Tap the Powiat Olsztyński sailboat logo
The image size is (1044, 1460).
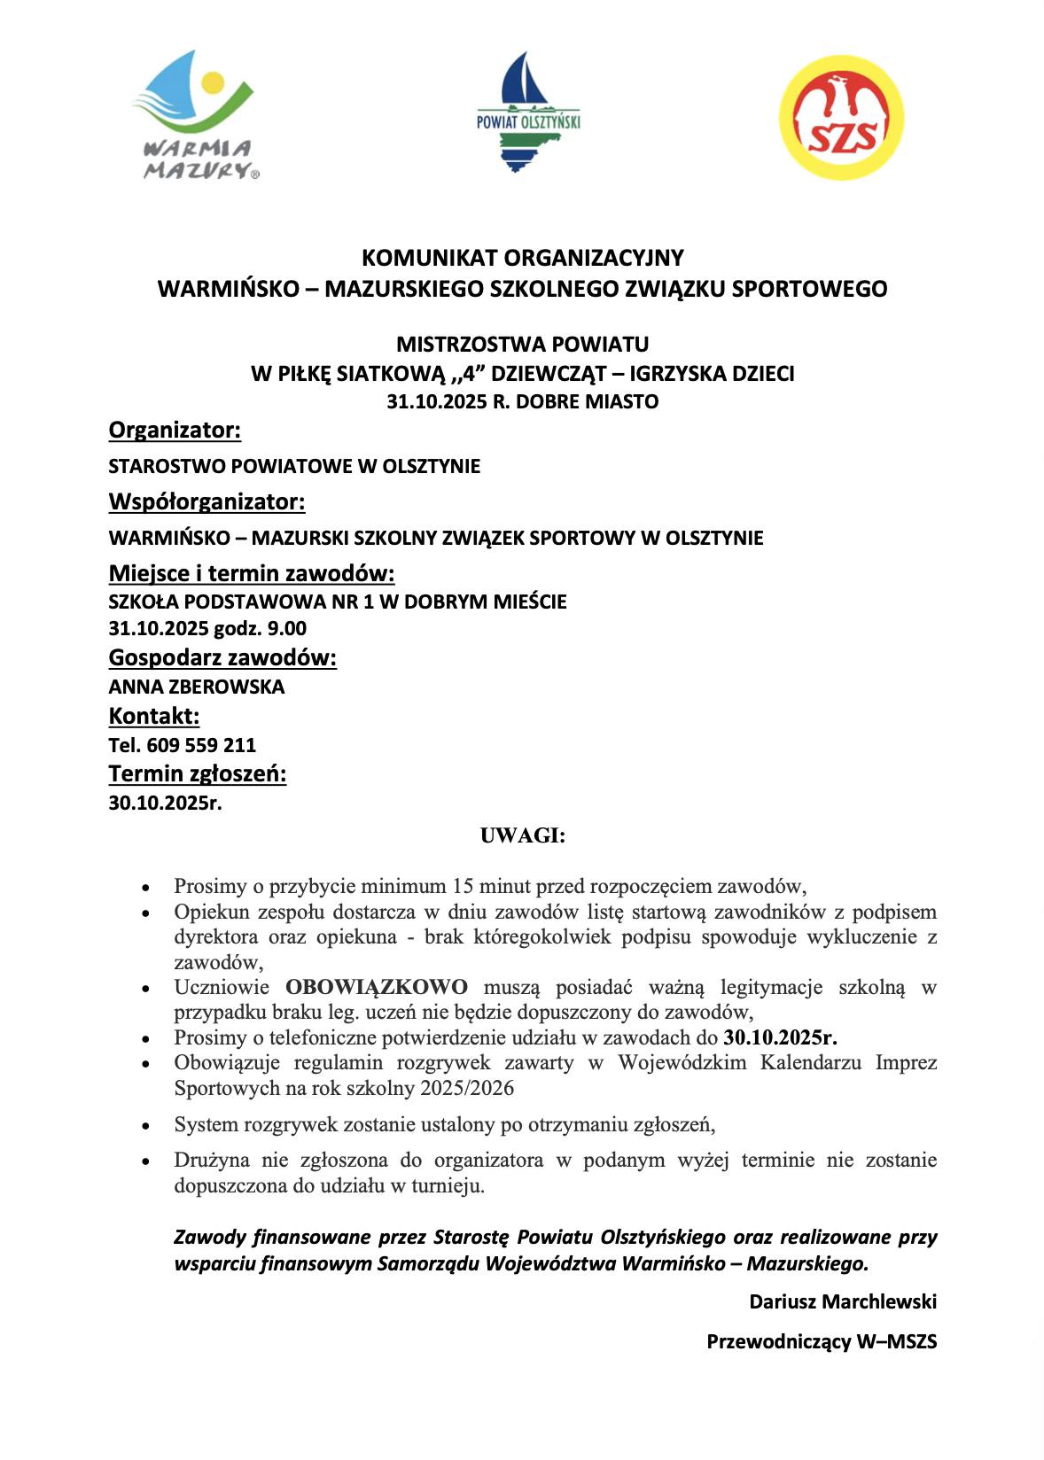tap(527, 112)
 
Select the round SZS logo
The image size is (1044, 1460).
tap(841, 117)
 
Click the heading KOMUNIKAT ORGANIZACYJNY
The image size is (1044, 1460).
tap(522, 258)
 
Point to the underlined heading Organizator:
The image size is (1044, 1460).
tap(175, 431)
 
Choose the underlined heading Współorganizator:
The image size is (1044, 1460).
tap(206, 501)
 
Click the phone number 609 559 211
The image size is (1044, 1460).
tap(201, 745)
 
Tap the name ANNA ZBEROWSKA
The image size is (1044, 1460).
tap(197, 687)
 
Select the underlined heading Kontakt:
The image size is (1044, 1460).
tap(153, 716)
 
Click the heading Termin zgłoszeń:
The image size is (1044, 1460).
tap(198, 774)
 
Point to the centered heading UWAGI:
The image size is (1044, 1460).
tap(522, 835)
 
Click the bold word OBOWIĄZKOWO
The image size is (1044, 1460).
tap(377, 987)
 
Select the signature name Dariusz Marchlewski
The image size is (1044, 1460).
tap(842, 1301)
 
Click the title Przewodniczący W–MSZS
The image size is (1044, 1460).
tap(821, 1341)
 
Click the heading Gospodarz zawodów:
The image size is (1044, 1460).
tap(222, 658)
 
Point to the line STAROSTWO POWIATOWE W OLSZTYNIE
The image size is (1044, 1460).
tap(294, 466)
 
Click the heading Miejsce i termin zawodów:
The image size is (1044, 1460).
tap(252, 573)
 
